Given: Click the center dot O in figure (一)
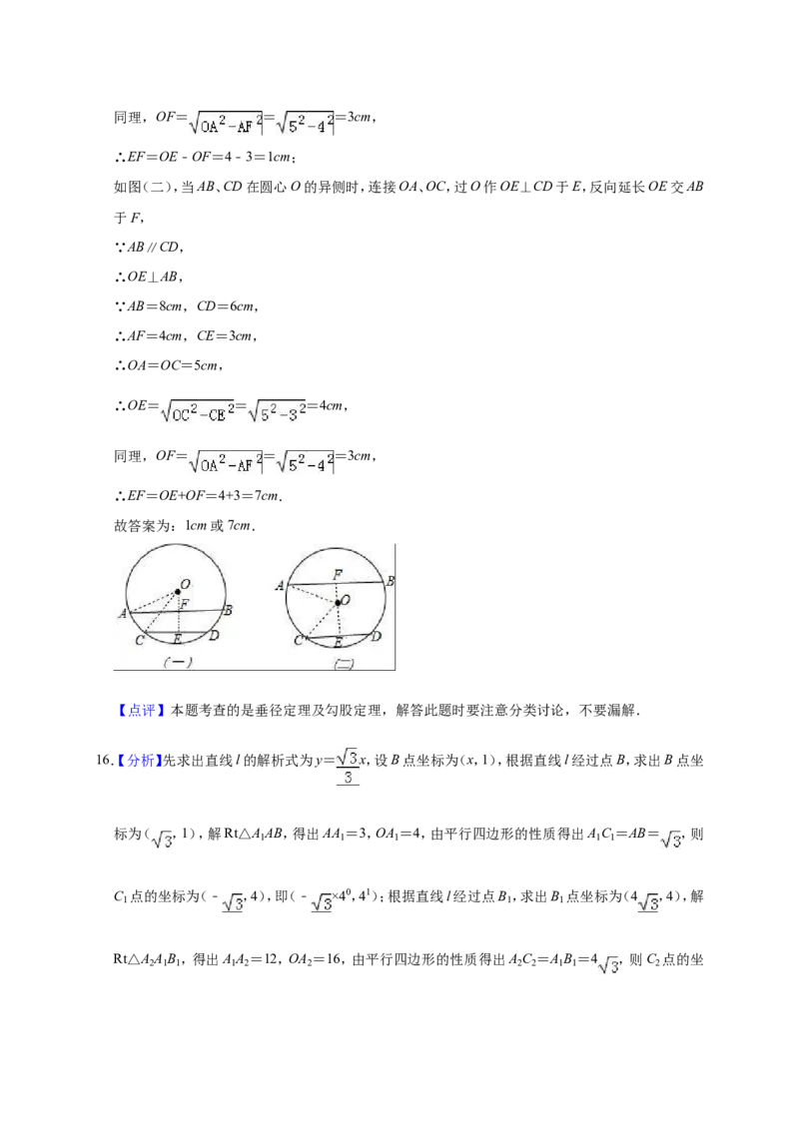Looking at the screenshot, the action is [x=178, y=592].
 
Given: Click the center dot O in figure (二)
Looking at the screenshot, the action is [x=338, y=603].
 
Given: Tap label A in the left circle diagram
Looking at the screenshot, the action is [x=123, y=614].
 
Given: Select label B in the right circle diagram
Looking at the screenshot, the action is [x=391, y=581].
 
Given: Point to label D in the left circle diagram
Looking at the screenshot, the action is [x=214, y=636].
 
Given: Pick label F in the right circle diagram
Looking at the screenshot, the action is [x=338, y=574].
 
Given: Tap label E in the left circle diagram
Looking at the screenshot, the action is [x=177, y=639].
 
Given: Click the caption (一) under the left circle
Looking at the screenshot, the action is [x=178, y=662].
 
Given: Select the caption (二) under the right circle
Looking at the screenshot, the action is [x=344, y=665].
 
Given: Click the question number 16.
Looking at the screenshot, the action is [x=104, y=761].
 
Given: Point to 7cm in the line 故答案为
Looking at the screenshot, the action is [x=240, y=525].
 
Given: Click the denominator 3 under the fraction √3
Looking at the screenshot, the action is [x=349, y=778].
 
